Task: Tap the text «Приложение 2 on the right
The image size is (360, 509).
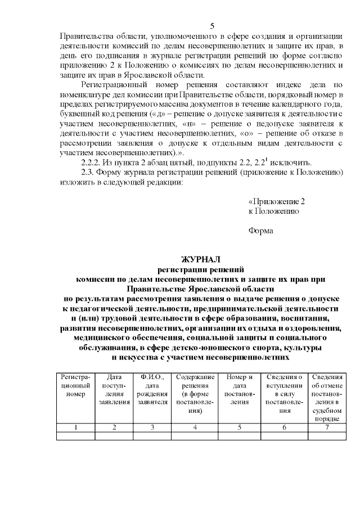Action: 277,201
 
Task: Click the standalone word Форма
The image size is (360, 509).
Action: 260,231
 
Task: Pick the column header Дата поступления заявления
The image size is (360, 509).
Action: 114,389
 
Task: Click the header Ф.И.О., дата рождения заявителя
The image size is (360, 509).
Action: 152,389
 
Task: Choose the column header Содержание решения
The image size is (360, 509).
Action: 195,393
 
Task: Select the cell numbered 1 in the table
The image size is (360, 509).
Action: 75,427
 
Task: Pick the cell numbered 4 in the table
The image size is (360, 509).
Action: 195,427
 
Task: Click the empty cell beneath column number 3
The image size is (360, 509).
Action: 152,435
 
